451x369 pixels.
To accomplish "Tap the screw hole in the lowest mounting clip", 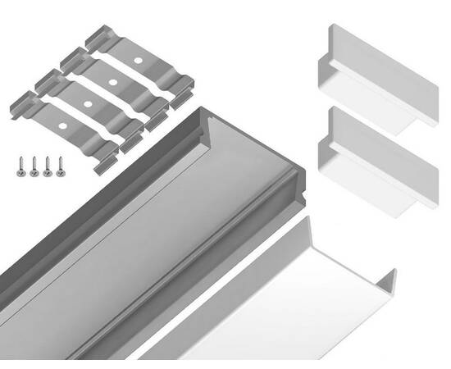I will pos(62,127).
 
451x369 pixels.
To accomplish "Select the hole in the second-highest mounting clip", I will pos(110,83).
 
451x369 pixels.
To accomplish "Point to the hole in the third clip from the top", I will pos(86,105).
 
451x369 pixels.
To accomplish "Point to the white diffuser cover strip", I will pos(271,303).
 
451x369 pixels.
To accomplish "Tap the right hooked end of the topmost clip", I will pos(184,82).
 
